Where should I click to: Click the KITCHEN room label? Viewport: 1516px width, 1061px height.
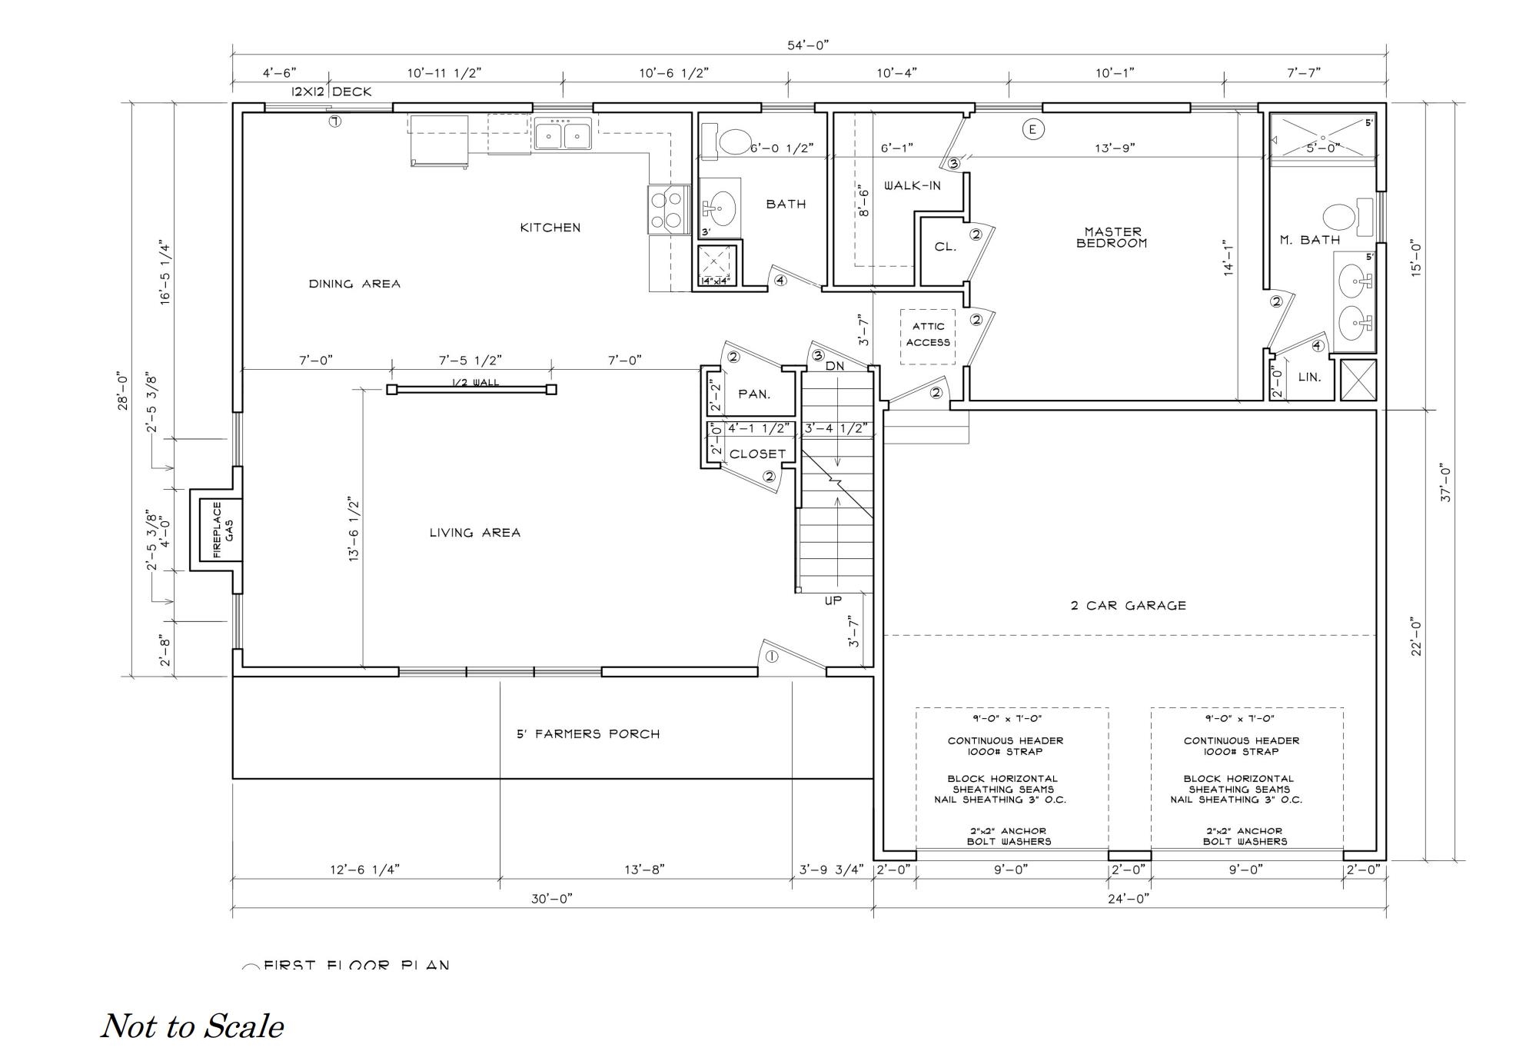[x=550, y=228]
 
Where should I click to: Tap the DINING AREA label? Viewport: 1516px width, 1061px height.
[x=354, y=284]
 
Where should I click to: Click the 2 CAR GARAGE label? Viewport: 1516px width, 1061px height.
[x=1128, y=606]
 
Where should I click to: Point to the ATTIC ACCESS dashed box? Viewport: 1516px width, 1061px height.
[x=928, y=335]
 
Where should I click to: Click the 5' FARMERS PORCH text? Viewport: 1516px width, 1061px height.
[x=588, y=734]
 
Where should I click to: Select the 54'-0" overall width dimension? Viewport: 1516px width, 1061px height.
[x=807, y=45]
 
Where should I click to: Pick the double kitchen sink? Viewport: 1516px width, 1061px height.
[x=563, y=135]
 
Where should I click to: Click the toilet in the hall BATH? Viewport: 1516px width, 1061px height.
[x=731, y=142]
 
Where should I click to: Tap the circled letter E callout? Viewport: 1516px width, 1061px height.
[x=1032, y=129]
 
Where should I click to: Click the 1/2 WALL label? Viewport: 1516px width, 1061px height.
[x=474, y=382]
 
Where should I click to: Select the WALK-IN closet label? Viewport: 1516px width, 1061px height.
[x=912, y=186]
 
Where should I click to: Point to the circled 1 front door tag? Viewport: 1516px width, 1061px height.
[x=771, y=657]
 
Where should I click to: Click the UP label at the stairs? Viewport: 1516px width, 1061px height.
[x=833, y=600]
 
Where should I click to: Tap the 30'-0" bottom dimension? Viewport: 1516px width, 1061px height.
[x=551, y=899]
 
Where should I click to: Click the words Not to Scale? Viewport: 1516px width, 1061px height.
[x=192, y=1026]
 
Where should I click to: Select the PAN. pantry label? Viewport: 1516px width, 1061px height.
[x=753, y=394]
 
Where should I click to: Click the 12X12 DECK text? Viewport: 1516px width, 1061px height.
[x=331, y=92]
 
